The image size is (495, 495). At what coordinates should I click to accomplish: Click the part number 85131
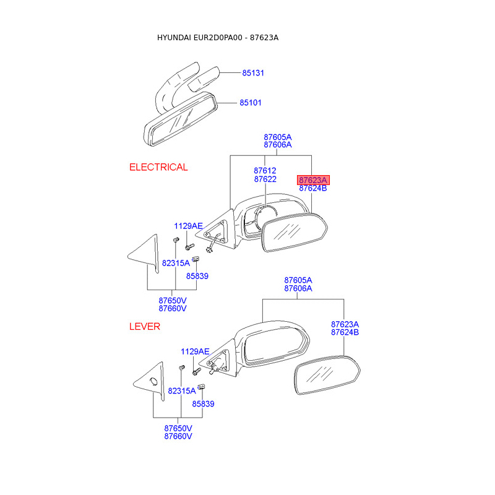[x=252, y=73]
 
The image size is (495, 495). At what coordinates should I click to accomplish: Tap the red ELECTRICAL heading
[x=158, y=167]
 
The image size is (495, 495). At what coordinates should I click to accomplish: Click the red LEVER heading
[x=144, y=327]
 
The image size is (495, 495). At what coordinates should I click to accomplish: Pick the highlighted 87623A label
[x=313, y=180]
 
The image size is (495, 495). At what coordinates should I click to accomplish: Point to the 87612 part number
[x=265, y=171]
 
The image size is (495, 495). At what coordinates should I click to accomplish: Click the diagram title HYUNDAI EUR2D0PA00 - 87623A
[x=218, y=38]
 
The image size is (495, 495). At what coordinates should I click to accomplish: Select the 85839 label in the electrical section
[x=197, y=276]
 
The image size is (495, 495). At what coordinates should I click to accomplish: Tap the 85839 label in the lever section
[x=203, y=403]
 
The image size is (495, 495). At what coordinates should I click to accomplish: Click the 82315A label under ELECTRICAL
[x=176, y=263]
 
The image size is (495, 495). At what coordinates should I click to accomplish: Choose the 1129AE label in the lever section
[x=195, y=351]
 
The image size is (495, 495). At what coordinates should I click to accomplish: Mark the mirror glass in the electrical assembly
[x=294, y=233]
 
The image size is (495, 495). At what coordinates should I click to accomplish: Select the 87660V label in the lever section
[x=178, y=436]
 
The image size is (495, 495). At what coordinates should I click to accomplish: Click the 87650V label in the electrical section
[x=173, y=300]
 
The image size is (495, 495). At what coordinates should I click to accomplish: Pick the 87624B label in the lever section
[x=345, y=332]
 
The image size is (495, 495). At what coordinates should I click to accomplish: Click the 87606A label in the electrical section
[x=277, y=145]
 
